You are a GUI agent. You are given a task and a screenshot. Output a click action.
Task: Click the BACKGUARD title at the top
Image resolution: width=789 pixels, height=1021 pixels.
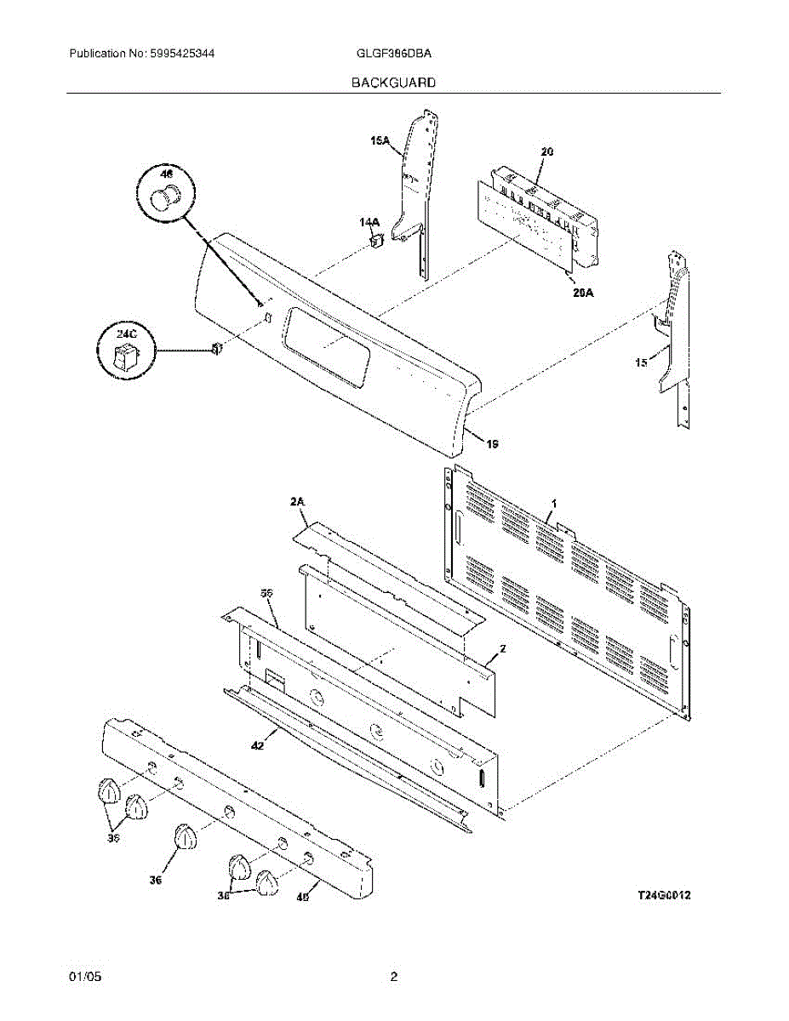coord(394,83)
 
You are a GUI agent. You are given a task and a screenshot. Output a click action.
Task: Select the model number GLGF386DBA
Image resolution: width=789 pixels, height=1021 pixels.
coord(394,53)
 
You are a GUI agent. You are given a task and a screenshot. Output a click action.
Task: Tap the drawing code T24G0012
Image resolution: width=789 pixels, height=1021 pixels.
coord(664,896)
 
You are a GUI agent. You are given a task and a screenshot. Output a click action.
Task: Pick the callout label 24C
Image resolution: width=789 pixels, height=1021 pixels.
coord(125,334)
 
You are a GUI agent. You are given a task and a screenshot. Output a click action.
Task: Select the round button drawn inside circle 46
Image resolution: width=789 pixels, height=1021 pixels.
coord(167,197)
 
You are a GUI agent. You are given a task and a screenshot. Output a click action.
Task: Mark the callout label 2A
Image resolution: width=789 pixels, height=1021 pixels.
coord(297,504)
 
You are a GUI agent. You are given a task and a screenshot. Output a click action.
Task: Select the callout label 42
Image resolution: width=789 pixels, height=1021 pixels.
coord(257,745)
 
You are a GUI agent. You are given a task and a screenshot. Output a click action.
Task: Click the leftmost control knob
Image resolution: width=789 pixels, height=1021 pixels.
coord(107,790)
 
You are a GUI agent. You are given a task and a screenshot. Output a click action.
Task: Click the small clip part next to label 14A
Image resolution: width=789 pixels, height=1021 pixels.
coord(375,241)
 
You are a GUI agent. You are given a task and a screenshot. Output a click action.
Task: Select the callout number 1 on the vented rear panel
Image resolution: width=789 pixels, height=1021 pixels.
coord(553,505)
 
